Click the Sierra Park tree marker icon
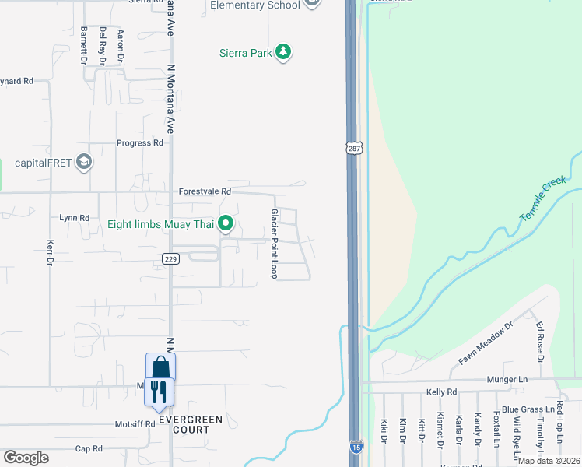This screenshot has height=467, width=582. tap(284, 53)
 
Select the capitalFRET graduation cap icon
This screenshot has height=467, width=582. tap(84, 163)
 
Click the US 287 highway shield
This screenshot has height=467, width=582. tap(352, 147)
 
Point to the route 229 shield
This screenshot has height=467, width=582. tap(171, 258)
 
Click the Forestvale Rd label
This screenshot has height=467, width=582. tap(205, 191)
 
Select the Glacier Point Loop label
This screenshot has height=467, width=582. tap(274, 243)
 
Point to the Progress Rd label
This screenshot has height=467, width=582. tap(140, 143)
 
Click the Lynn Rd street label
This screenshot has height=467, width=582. tap(75, 218)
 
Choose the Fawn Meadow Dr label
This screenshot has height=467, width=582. tap(487, 343)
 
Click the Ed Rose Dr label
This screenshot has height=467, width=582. tap(538, 337)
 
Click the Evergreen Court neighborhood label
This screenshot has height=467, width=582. tap(191, 424)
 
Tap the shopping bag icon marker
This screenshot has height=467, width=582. tap(160, 367)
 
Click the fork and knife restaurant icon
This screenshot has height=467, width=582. tap(160, 392)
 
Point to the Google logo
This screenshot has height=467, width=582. tap(26, 457)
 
